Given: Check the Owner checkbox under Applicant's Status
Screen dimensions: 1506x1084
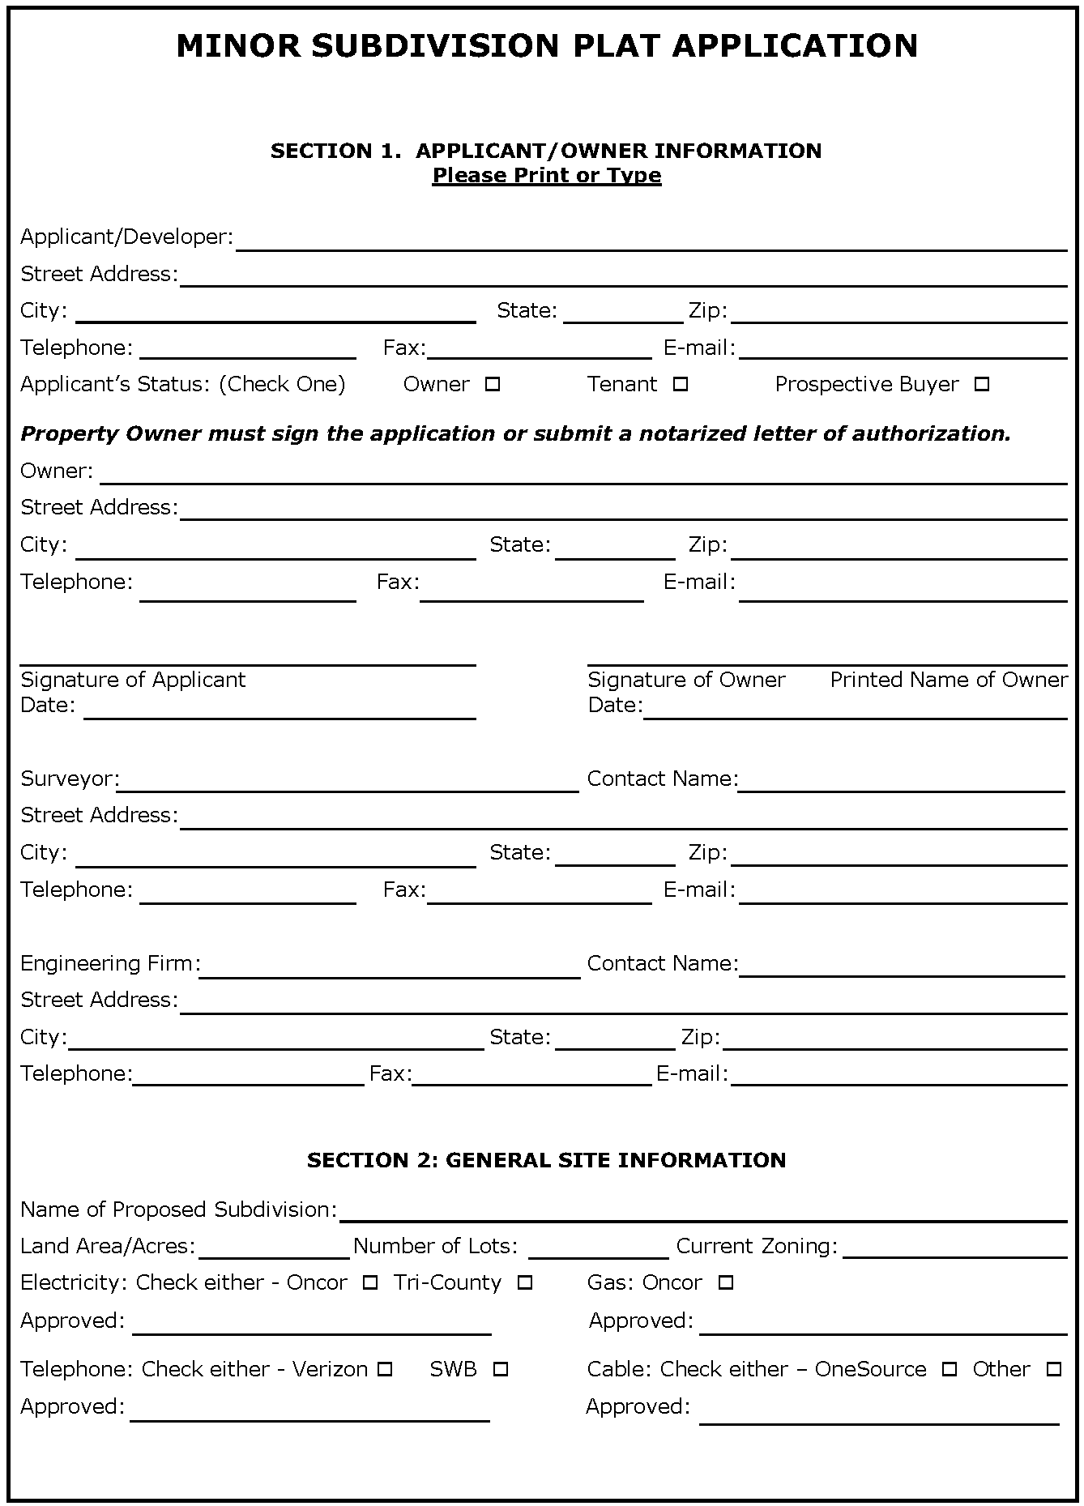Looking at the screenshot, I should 493,385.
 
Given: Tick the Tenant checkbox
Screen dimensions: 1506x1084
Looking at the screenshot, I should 681,385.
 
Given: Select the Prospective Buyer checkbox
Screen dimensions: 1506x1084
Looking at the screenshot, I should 982,385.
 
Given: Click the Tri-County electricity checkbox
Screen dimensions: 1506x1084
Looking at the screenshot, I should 525,1283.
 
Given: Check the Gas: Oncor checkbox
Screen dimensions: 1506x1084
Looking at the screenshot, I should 726,1283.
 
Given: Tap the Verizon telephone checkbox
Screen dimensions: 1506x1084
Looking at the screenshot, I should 386,1370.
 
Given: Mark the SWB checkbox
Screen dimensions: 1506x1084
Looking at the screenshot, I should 501,1370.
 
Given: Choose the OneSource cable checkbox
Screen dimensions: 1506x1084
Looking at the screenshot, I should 950,1370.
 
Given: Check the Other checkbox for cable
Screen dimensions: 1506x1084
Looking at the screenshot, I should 1054,1370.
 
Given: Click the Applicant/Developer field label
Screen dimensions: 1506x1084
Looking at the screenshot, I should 126,237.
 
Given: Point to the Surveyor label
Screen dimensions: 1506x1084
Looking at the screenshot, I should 70,779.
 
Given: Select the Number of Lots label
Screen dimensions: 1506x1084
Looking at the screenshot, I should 435,1246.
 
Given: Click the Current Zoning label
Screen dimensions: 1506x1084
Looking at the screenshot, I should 757,1246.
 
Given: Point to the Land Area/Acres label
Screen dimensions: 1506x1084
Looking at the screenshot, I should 108,1246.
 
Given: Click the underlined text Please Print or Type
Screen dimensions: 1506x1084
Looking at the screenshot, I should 547,176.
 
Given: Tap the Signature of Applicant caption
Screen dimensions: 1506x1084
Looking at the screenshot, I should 133,680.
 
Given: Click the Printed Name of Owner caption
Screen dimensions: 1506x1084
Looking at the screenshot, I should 949,680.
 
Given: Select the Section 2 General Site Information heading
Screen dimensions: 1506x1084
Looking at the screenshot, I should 547,1160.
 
